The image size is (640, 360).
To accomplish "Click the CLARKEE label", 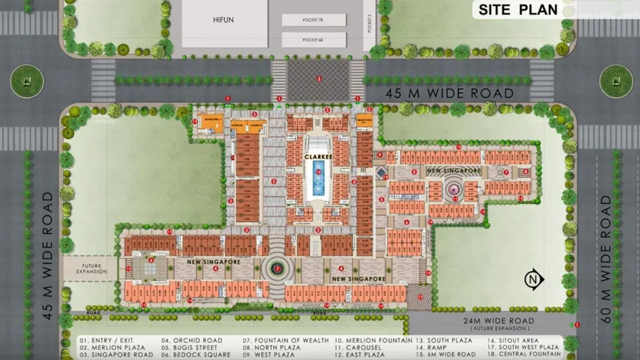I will click(x=318, y=156).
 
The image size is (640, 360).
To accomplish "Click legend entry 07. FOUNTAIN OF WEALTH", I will click(x=286, y=340).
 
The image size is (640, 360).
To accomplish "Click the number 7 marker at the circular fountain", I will click(x=276, y=269).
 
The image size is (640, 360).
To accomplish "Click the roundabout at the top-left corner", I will click(x=28, y=80).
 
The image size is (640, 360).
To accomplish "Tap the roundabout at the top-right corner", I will click(x=616, y=80).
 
